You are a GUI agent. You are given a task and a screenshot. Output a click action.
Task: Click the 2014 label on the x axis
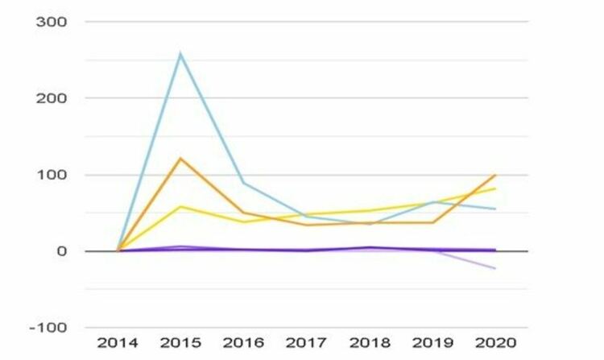[118, 344]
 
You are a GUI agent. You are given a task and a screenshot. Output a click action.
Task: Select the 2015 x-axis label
[180, 344]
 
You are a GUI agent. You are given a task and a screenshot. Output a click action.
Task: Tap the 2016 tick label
[243, 344]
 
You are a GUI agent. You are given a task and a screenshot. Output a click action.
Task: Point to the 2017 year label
[306, 344]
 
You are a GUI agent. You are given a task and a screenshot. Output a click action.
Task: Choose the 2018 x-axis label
[369, 344]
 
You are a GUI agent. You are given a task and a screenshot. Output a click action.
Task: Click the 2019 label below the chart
[432, 344]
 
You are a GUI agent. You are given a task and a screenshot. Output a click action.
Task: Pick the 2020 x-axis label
[494, 344]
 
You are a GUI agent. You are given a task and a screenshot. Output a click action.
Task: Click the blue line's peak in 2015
[180, 54]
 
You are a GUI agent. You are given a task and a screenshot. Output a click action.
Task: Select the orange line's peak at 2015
[180, 158]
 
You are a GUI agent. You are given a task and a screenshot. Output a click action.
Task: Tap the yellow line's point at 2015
[180, 207]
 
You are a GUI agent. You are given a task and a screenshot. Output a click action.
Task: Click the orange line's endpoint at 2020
[494, 175]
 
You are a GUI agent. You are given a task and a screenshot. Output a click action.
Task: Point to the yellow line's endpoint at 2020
[494, 188]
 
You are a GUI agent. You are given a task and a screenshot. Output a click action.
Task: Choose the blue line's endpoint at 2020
[494, 209]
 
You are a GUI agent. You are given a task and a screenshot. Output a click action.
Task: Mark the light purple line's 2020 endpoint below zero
[494, 268]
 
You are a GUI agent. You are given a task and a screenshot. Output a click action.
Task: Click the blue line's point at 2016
[243, 183]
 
